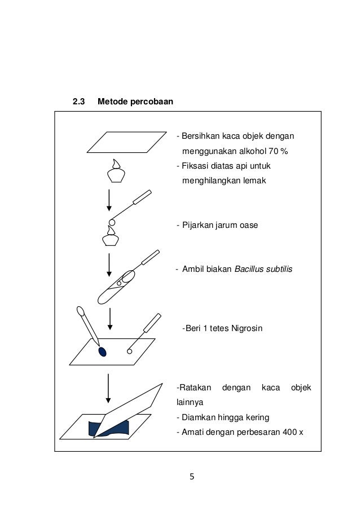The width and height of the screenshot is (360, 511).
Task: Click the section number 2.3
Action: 78,102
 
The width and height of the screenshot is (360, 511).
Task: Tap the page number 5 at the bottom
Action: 191,477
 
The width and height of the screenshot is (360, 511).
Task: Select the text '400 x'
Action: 293,433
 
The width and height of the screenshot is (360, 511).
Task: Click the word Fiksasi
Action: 194,166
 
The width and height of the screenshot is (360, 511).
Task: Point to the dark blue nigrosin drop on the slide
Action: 102,352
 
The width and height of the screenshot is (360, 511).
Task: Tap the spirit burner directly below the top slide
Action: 116,171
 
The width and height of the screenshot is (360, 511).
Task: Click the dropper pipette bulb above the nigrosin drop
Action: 80,311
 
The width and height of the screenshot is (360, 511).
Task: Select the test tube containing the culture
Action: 116,288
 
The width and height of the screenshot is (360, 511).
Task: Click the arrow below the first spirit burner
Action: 109,201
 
